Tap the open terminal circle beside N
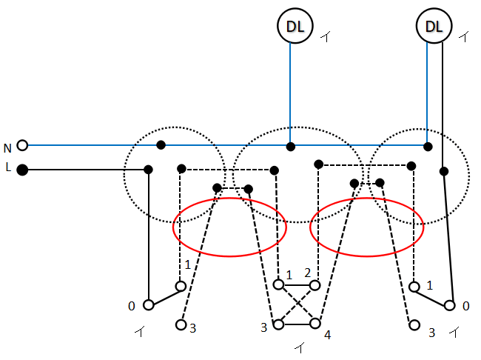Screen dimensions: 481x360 click(22, 145)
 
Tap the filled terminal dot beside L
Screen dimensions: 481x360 click(22, 170)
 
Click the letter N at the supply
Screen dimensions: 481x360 click(7, 148)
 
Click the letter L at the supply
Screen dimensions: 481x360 click(8, 167)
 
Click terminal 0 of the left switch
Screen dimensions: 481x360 click(149, 305)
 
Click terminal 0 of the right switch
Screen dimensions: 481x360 click(450, 306)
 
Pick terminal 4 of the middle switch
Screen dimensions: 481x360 click(315, 324)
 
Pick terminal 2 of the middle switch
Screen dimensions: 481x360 click(315, 285)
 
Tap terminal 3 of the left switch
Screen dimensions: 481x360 click(181, 324)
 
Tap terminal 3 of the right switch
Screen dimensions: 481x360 click(414, 325)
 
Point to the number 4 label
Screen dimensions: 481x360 click(328, 335)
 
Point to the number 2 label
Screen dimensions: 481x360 click(308, 273)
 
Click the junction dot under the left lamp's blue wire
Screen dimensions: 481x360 click(291, 147)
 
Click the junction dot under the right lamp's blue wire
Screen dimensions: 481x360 click(428, 147)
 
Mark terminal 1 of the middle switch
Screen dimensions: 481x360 click(278, 284)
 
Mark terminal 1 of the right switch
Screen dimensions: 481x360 click(414, 287)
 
